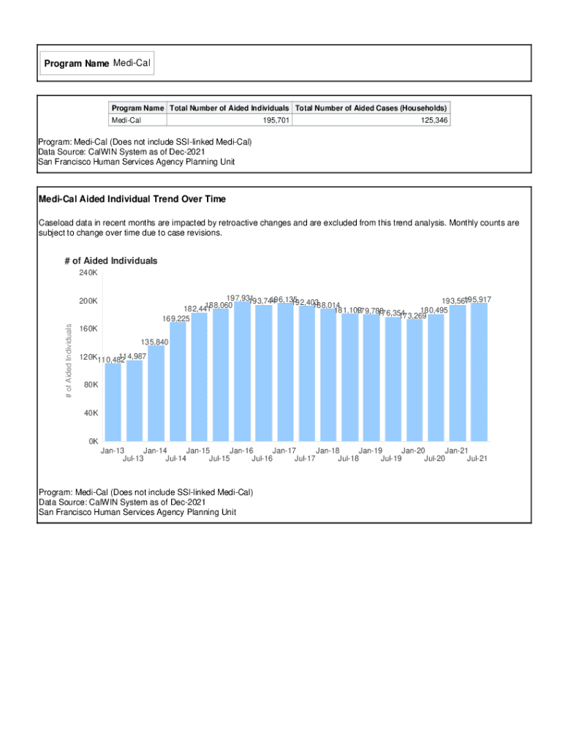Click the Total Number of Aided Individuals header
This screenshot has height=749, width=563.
click(229, 108)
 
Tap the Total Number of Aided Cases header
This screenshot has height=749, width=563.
click(371, 108)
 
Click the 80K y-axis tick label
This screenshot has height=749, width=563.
click(91, 385)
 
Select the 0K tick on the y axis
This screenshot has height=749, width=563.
click(93, 441)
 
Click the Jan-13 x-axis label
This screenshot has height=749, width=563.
click(113, 451)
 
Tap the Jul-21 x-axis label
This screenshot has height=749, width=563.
click(477, 459)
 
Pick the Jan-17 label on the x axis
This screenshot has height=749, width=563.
click(284, 451)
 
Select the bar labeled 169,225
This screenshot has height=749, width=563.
click(178, 381)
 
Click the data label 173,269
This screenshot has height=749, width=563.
click(413, 316)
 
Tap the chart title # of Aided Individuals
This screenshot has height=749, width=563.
click(110, 260)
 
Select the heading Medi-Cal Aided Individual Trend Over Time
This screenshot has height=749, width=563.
click(132, 199)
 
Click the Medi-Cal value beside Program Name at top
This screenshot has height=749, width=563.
click(132, 64)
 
